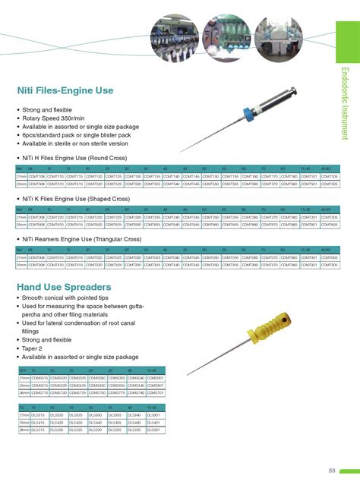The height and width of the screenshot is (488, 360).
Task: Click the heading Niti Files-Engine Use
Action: [x=65, y=91]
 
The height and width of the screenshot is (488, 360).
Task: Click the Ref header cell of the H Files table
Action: [x=21, y=168]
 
